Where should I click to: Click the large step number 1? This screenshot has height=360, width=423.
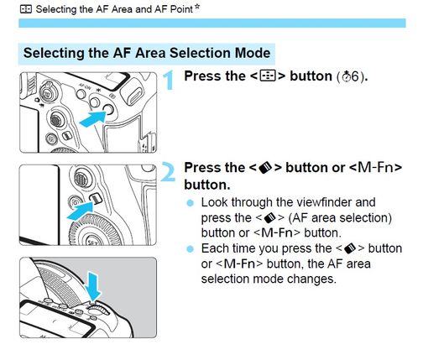169,81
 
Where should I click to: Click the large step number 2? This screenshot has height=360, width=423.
169,172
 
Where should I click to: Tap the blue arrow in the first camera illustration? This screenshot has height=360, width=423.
93,119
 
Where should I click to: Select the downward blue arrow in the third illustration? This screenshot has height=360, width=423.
94,285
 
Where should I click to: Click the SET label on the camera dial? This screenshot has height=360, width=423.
92,243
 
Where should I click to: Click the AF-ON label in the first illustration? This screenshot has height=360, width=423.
85,87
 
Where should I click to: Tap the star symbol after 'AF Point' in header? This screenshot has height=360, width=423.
197,7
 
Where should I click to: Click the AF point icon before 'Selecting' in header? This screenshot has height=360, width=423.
26,9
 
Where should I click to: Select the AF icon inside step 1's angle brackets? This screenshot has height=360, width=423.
268,76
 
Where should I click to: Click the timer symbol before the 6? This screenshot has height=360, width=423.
347,76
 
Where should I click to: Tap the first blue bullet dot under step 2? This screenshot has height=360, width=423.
190,203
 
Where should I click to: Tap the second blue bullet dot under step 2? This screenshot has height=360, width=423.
190,248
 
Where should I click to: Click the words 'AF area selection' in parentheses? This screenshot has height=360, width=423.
340,217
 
